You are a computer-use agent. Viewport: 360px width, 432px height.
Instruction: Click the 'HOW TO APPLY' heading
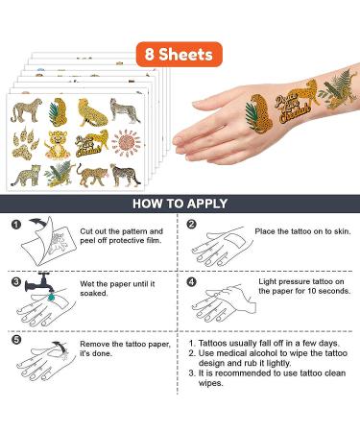click(x=180, y=204)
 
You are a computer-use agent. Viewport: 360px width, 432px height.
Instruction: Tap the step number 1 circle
click(x=15, y=226)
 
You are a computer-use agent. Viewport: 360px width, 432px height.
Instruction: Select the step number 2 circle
click(x=191, y=226)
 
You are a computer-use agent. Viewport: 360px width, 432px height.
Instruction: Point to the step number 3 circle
click(x=15, y=282)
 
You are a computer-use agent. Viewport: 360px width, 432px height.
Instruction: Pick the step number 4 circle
click(x=191, y=282)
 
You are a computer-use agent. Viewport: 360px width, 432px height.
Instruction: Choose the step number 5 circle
click(x=15, y=338)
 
